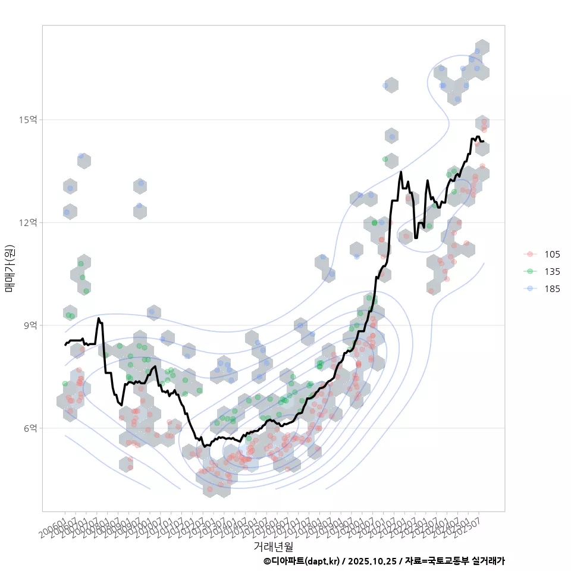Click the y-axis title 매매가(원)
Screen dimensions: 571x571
point(10,268)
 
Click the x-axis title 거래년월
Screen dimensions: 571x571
point(273,545)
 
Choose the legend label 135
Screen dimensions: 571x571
point(552,271)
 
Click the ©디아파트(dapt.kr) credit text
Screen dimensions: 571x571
point(301,561)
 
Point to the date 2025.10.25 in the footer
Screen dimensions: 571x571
point(372,561)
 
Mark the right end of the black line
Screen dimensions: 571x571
point(484,142)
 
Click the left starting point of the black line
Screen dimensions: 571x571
point(65,344)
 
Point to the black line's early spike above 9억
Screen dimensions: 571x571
point(99,319)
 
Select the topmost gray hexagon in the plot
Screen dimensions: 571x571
point(482,48)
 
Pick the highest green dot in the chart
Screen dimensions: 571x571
point(385,159)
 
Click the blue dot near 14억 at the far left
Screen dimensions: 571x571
point(81,156)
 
